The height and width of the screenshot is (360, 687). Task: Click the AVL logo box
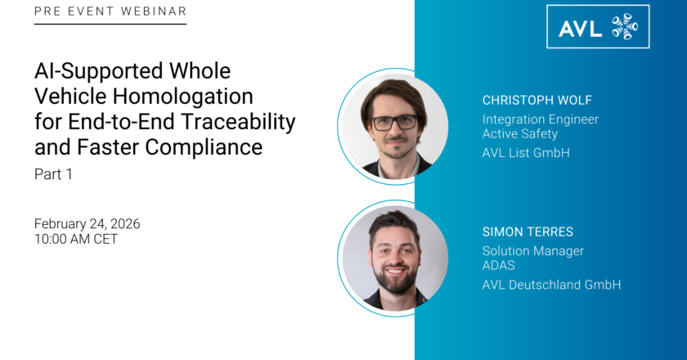598,26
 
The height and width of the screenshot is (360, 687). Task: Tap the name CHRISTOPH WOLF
537,100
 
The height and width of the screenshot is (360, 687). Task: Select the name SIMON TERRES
528,232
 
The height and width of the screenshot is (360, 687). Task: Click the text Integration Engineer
541,119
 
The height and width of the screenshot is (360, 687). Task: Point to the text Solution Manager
533,251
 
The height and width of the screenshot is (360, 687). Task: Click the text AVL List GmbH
526,153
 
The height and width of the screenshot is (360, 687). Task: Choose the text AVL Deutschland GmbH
551,285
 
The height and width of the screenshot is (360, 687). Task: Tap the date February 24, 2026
88,223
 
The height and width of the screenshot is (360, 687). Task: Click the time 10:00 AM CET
76,239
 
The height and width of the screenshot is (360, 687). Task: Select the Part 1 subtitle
53,174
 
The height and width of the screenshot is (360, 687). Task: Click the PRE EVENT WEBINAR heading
110,11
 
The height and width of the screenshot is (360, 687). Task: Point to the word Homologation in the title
182,97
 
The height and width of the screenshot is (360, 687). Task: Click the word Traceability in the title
238,122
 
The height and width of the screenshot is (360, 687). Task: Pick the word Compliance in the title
204,147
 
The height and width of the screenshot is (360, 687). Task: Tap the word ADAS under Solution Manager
499,265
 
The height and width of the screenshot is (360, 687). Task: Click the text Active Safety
520,133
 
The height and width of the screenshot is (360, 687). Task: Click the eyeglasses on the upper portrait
394,123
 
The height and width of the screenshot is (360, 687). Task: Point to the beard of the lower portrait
396,280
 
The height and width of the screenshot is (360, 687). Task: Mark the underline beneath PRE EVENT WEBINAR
110,24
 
